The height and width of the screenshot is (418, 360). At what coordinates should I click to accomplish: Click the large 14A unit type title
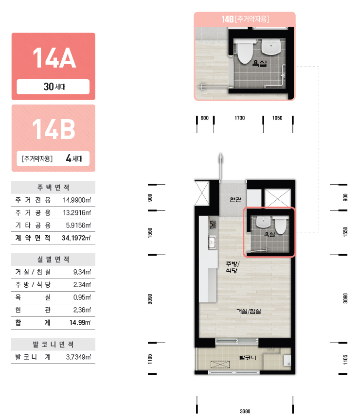click(54, 58)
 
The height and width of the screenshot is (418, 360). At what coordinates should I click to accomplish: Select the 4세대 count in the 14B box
click(74, 158)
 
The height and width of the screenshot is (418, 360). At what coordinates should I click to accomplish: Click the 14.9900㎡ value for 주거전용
click(77, 200)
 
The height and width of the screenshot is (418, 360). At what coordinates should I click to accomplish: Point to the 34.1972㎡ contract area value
click(76, 238)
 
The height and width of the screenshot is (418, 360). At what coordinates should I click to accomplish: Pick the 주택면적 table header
click(53, 188)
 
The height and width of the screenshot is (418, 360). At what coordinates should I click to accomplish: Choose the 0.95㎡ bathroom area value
click(82, 297)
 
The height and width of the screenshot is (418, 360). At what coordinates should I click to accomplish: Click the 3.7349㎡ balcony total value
click(78, 357)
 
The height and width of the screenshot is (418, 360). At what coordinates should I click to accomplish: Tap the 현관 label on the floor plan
click(235, 199)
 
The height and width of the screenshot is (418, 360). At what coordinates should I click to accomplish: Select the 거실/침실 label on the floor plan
click(249, 311)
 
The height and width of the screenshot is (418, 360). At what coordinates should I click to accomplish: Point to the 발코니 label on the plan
click(248, 357)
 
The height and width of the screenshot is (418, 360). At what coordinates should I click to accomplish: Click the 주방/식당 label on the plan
click(233, 267)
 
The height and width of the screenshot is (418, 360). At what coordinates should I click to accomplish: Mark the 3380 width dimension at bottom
click(245, 411)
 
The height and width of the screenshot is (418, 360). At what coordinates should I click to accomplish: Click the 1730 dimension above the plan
click(240, 118)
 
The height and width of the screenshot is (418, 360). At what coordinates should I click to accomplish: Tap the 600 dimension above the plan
click(204, 118)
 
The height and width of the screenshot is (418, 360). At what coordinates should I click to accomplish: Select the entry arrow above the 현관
click(221, 167)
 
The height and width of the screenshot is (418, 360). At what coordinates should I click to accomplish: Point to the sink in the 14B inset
click(271, 47)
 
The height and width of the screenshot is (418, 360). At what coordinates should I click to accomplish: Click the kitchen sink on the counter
click(212, 243)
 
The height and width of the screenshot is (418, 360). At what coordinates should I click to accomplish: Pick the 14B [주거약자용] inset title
click(245, 19)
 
